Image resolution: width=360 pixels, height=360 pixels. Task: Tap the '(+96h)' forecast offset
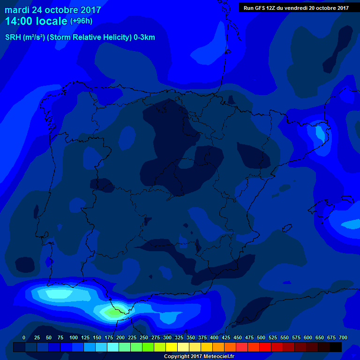coord(81,21)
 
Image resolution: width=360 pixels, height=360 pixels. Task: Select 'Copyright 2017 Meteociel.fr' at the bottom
coord(199,357)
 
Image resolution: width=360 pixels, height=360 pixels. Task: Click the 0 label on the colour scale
coord(24,338)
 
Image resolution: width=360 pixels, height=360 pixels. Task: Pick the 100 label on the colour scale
coord(74,338)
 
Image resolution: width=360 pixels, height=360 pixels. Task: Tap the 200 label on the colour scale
coord(120,338)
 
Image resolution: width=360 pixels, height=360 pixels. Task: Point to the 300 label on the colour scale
coord(167,338)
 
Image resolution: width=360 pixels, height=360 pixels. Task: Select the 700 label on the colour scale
coord(343,338)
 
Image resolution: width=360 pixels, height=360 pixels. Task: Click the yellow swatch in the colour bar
coord(172,347)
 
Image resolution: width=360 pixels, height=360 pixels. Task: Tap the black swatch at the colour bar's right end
coord(336,347)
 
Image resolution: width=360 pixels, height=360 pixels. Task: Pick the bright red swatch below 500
coord(265,347)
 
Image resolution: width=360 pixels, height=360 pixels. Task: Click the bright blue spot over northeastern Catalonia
coord(320,133)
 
